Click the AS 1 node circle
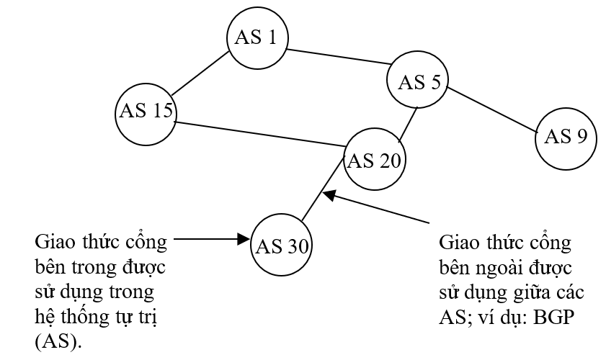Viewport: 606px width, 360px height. coord(257,37)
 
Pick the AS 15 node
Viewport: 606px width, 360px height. coord(146,112)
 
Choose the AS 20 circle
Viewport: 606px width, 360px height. coord(374,160)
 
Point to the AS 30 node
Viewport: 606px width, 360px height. coord(281,246)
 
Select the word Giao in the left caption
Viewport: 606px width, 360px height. coord(54,239)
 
